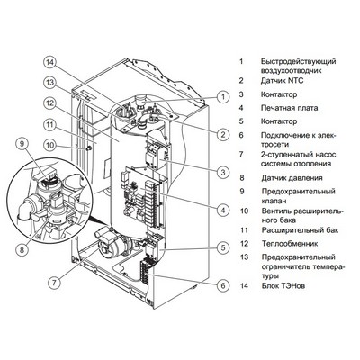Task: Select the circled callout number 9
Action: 22,142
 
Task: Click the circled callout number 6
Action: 220,284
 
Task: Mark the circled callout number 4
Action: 220,209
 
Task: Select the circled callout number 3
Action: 220,170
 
